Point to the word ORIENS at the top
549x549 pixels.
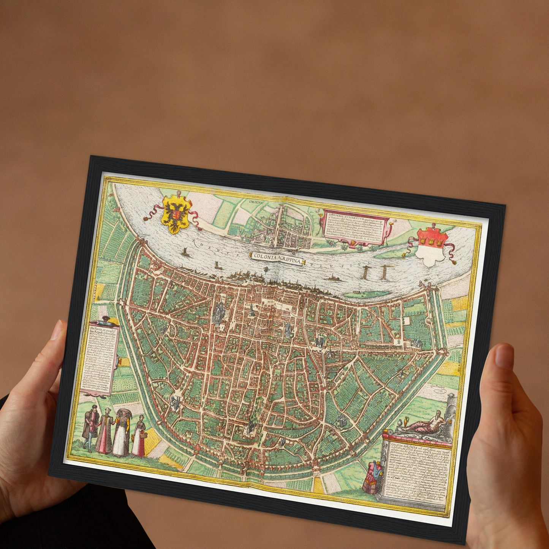tap(256, 203)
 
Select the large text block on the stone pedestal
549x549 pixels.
tap(416, 471)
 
